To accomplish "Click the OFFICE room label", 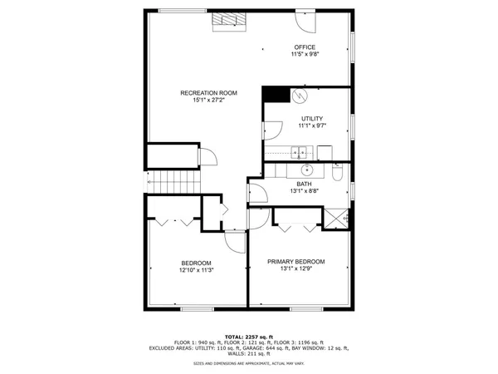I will [305, 47].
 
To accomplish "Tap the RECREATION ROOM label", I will [208, 92].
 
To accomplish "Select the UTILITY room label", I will [312, 119].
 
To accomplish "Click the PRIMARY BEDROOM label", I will [296, 262].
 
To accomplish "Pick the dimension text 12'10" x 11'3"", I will [196, 270].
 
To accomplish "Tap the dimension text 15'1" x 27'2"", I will [208, 101].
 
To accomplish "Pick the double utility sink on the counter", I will [300, 151].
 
